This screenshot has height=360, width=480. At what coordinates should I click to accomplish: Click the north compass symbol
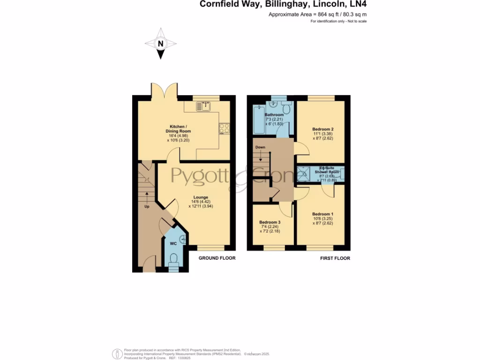tap(161, 44)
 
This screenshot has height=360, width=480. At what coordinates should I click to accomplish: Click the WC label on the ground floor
tap(173, 243)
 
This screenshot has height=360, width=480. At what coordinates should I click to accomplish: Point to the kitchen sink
tap(204, 106)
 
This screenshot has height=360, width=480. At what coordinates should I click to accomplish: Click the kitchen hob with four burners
tap(224, 127)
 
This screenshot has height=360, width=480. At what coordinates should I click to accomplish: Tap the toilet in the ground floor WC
tap(173, 259)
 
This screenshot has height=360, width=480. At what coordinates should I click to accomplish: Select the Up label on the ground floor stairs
tap(147, 207)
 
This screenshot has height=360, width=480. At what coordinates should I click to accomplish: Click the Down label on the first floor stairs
tap(260, 147)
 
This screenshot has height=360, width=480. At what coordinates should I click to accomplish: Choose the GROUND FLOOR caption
tap(217, 258)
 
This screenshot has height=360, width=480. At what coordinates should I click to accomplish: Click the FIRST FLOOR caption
tap(335, 258)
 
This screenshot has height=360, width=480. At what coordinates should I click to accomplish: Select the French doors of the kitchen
tap(164, 90)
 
